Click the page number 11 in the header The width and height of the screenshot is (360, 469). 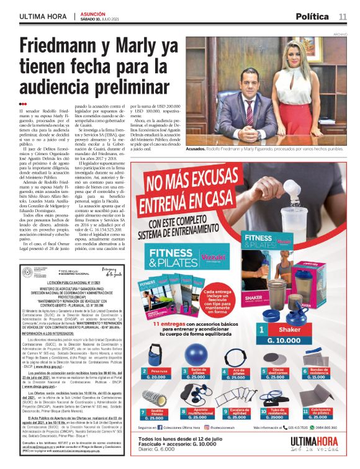click(343, 16)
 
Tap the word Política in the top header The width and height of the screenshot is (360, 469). click(312, 16)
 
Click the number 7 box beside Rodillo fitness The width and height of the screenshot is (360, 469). click(144, 411)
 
